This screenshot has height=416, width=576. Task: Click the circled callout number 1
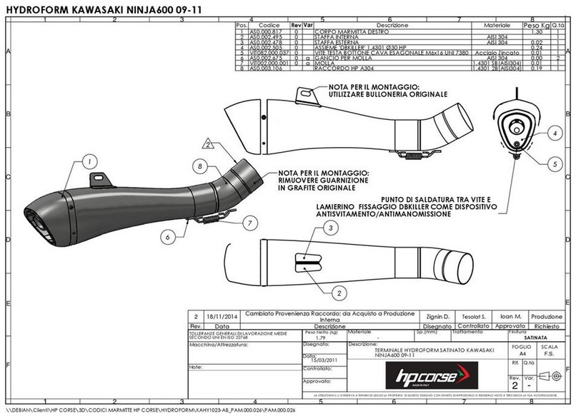89,162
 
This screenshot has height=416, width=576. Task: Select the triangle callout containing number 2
207,143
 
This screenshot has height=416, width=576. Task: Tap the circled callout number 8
202,166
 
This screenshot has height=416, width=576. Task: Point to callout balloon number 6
165,235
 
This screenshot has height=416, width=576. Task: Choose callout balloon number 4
535,133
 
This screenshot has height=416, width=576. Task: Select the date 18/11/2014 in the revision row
221,315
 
